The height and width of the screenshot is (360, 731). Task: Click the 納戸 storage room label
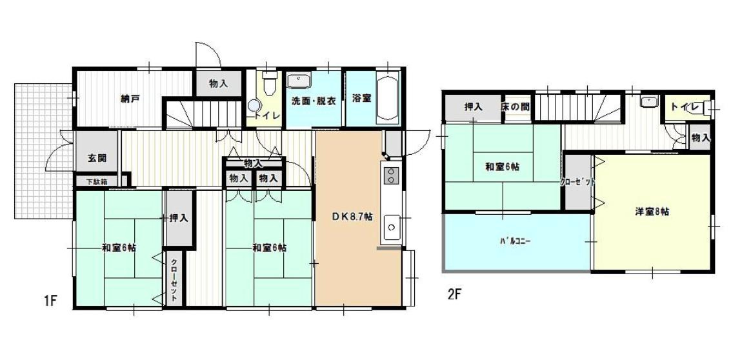(x=130, y=99)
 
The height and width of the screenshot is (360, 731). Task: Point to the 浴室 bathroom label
(x=361, y=99)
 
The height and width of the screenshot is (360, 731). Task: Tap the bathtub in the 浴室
(x=387, y=97)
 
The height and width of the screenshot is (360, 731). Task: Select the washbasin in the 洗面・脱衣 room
(x=298, y=81)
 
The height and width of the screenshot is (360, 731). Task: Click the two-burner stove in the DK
(x=390, y=174)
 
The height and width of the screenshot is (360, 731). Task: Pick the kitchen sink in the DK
(x=390, y=227)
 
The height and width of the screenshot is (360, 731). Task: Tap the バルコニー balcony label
(x=515, y=241)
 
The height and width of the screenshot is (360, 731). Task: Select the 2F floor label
(x=455, y=295)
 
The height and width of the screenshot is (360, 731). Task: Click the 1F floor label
(x=51, y=301)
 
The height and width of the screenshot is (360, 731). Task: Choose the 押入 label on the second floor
(x=474, y=106)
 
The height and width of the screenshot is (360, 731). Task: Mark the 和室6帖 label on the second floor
(x=503, y=167)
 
